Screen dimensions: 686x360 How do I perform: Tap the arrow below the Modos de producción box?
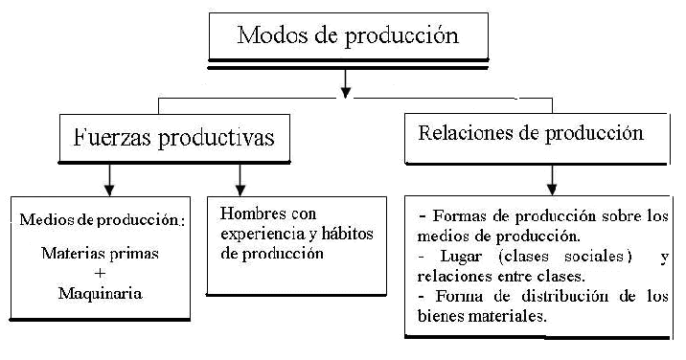[346, 83]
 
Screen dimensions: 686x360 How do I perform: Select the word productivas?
[217, 139]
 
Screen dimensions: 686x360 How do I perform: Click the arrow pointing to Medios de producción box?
[109, 180]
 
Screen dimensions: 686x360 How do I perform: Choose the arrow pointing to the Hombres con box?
[240, 180]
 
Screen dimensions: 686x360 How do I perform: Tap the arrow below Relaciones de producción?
[552, 180]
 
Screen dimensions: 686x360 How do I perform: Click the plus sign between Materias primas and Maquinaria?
[101, 273]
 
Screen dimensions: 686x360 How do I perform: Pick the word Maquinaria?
[101, 293]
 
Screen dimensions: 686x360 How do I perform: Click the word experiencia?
[263, 234]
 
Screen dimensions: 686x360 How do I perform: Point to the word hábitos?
[348, 234]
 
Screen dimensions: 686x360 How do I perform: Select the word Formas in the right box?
[460, 216]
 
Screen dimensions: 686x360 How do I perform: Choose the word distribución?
[565, 297]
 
